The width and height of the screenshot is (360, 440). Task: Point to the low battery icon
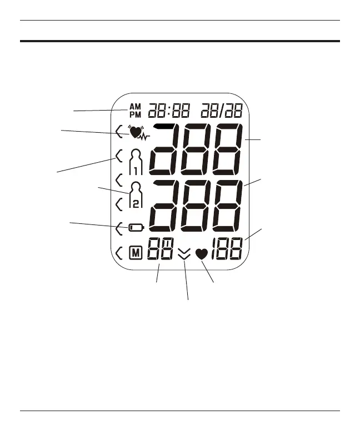(136, 227)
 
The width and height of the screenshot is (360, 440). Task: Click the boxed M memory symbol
(135, 254)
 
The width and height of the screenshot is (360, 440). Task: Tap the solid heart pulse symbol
(202, 254)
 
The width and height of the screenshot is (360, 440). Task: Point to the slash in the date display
(224, 110)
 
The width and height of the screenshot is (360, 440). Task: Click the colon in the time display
(166, 110)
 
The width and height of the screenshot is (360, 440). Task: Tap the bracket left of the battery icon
(119, 227)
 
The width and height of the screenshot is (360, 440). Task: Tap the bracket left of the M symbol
(119, 254)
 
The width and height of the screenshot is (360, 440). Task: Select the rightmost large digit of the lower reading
(228, 207)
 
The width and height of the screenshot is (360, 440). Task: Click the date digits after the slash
(236, 110)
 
